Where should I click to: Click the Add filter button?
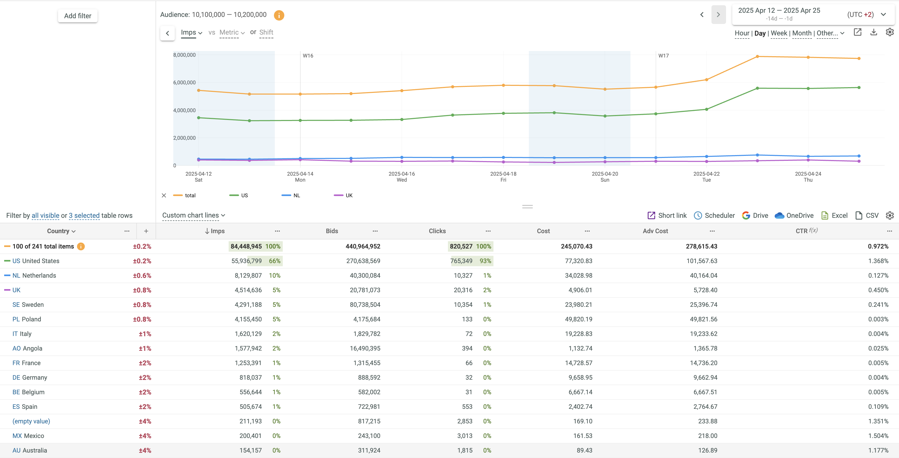78,16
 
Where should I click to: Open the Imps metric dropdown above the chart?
191,33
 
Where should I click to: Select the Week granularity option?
779,33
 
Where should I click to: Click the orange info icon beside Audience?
279,15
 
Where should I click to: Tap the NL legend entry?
296,195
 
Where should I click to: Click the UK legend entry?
348,195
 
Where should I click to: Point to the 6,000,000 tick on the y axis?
184,82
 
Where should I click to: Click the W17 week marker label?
663,55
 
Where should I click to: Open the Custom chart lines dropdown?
193,215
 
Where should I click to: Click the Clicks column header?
437,231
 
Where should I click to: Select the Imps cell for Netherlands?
248,275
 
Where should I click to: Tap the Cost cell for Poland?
578,319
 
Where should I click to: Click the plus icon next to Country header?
146,231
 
